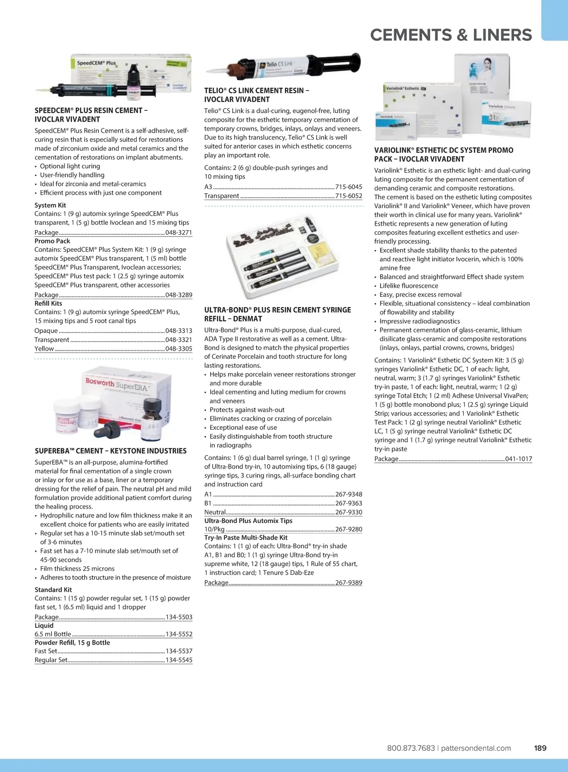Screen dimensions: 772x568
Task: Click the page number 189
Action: pos(540,748)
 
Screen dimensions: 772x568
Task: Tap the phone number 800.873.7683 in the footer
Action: pos(411,748)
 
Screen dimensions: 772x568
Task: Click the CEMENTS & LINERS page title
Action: pos(451,35)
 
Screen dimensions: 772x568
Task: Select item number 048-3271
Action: pos(178,232)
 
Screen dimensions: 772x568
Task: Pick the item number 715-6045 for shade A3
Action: pos(348,187)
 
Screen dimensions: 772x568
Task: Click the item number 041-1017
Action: pos(518,459)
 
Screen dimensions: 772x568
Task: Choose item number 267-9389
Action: pos(348,583)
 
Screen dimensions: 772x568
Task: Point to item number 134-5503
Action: pos(178,617)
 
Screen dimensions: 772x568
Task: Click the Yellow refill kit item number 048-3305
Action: pos(178,348)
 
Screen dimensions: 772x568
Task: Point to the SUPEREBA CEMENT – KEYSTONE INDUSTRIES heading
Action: pos(110,451)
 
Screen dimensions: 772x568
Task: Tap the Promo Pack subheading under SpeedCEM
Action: pos(52,241)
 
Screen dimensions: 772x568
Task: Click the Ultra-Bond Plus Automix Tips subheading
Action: pos(248,521)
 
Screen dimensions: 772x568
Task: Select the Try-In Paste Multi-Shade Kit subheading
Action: pos(246,537)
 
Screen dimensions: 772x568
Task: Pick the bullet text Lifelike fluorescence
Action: pos(408,285)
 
